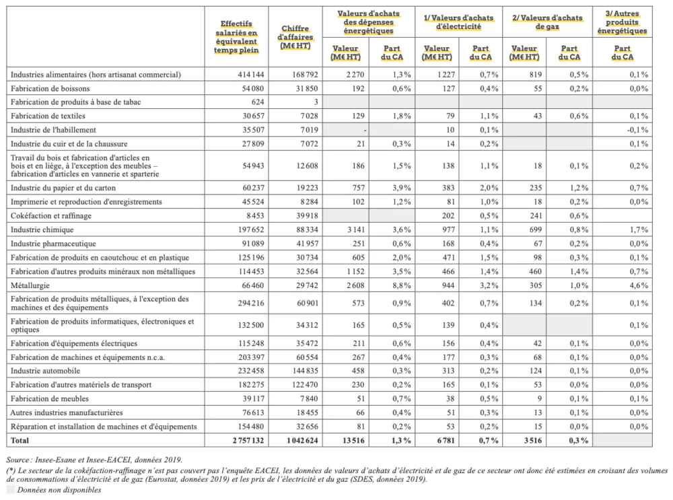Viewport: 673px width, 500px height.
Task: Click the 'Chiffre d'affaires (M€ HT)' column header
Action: click(295, 37)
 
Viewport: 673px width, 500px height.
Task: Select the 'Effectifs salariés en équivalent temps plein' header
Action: click(236, 37)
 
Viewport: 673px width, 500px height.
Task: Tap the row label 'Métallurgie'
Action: click(30, 285)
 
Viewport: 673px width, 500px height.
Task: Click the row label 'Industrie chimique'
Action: click(42, 229)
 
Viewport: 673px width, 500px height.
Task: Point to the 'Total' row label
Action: click(20, 440)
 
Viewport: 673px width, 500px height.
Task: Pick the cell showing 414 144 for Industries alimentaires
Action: click(250, 75)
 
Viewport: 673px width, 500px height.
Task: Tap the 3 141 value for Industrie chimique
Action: click(356, 229)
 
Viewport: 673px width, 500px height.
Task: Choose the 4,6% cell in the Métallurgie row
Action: click(639, 285)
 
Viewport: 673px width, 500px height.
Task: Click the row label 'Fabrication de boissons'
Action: click(50, 89)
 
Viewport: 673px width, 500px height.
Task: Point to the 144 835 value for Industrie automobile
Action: click(305, 371)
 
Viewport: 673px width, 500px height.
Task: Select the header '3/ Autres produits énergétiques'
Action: click(622, 22)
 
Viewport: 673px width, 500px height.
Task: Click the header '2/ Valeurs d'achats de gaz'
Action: click(547, 22)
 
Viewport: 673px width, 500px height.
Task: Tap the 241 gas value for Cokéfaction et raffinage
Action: click(534, 216)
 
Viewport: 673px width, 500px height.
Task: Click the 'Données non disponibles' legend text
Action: click(59, 490)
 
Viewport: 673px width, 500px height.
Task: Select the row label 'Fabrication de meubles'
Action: click(50, 398)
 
